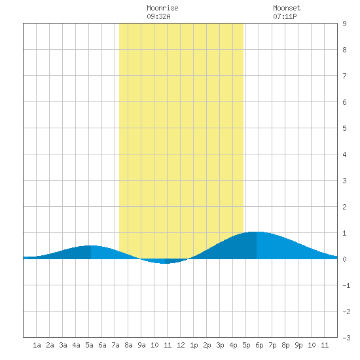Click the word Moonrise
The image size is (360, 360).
[x=162, y=8]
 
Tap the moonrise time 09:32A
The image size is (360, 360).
[x=158, y=16]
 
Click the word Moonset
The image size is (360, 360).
[x=287, y=8]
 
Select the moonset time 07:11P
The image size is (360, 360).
[x=285, y=16]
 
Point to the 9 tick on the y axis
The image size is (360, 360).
[x=344, y=24]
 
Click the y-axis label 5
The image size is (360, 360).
[x=344, y=128]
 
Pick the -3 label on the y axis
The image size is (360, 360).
[x=346, y=338]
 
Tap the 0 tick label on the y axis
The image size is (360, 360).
[x=344, y=259]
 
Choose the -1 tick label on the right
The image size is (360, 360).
[x=346, y=285]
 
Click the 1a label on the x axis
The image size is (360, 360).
[x=37, y=345]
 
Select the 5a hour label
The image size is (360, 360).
[x=89, y=345]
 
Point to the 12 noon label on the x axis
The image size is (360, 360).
[x=181, y=345]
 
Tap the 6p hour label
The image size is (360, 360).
[x=259, y=345]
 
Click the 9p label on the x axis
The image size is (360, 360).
[x=298, y=345]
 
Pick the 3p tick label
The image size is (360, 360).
[x=220, y=345]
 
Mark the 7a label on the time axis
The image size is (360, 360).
[x=115, y=345]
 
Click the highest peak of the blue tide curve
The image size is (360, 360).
[x=256, y=232]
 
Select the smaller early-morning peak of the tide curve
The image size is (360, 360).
[x=91, y=245]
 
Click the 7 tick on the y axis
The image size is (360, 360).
[x=344, y=76]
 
